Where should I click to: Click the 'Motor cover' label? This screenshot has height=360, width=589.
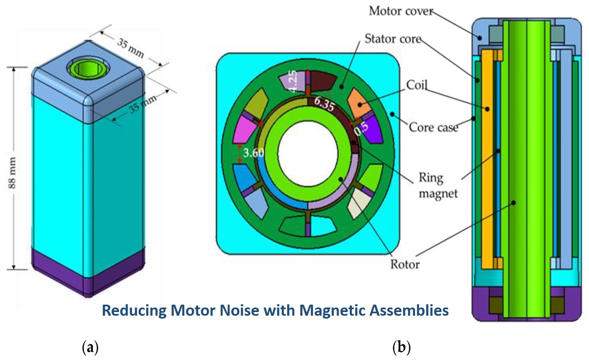tap(400, 11)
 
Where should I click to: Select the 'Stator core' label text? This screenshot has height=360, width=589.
tap(393, 39)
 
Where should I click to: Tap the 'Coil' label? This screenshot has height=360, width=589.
tap(417, 85)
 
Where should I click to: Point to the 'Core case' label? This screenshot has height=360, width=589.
tap(433, 128)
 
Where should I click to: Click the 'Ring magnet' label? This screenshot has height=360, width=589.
tap(438, 185)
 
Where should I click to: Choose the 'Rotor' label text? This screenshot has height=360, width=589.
tap(404, 264)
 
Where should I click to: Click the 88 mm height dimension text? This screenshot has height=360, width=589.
tap(12, 173)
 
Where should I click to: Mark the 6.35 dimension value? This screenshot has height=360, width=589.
tap(324, 104)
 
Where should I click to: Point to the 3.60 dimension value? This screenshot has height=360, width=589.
tap(253, 153)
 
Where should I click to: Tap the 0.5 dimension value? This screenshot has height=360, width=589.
tap(361, 128)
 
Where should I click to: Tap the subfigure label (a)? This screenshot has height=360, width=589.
tap(90, 348)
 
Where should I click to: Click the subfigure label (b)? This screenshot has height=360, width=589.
tap(401, 348)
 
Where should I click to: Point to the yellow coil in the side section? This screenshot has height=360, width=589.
tap(487, 160)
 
